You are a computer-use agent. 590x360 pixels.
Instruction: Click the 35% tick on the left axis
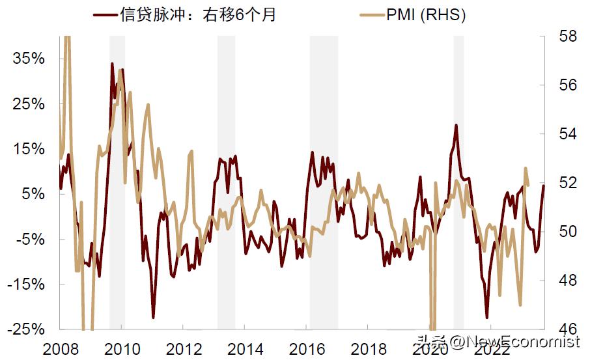coord(29,59)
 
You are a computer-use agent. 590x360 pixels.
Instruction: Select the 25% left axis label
coord(29,104)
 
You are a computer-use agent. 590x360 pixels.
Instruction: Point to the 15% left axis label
coord(29,149)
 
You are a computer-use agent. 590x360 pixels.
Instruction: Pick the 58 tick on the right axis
coord(568,36)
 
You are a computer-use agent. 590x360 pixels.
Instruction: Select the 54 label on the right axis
coord(568,133)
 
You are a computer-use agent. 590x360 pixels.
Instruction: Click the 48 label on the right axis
coord(568,280)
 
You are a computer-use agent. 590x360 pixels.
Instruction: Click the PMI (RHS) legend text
coord(426,14)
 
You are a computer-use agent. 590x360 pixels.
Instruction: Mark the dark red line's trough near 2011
coord(154,317)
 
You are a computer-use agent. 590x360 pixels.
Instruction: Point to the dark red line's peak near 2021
coord(456,125)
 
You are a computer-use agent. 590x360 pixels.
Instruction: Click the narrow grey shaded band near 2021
coord(458,182)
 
